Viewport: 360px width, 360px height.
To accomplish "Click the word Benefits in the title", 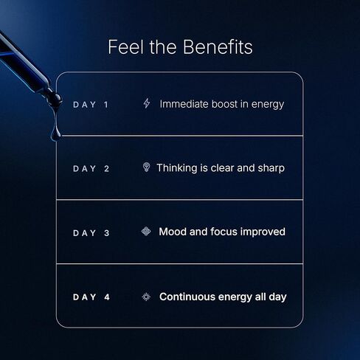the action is [218, 46].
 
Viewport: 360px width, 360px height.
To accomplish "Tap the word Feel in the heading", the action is [125, 46].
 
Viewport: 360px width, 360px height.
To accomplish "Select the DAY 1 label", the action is [91, 105].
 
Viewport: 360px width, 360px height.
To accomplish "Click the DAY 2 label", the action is [91, 169].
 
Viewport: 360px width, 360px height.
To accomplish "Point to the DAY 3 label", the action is [91, 233].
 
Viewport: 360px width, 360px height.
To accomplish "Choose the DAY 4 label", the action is [91, 297].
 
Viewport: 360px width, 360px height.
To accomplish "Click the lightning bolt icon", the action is [147, 103].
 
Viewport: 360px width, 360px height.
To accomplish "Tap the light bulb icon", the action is [146, 167].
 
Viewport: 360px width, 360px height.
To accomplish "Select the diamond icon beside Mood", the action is [146, 232].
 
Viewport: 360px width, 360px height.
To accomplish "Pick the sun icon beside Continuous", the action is [146, 297].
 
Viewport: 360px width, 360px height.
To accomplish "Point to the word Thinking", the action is [177, 168].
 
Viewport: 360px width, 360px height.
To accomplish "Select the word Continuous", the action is [187, 297].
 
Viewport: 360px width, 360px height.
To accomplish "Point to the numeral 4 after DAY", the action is [107, 297].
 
